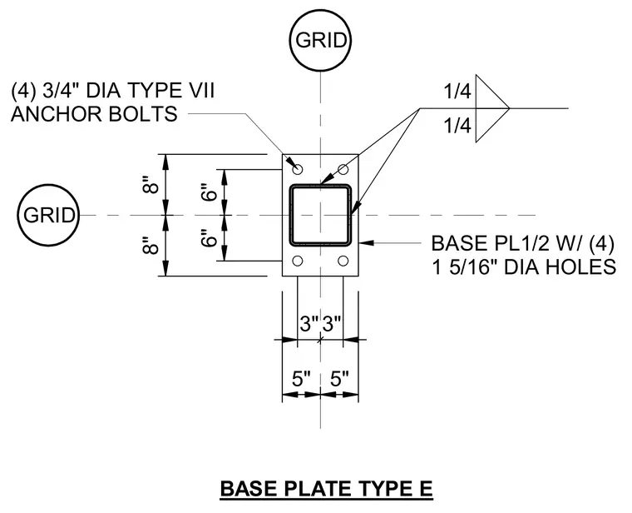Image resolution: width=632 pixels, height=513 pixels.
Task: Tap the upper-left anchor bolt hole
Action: (x=298, y=169)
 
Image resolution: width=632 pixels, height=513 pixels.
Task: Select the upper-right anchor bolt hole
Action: (x=343, y=169)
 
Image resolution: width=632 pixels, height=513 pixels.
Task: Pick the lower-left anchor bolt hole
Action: (x=298, y=261)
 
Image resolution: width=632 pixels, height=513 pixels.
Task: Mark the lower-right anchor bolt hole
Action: (x=343, y=261)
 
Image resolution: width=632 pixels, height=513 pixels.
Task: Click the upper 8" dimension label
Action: (x=151, y=185)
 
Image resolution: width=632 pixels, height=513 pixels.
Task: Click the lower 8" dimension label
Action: (x=151, y=246)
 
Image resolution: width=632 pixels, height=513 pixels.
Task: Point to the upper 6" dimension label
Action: (x=210, y=192)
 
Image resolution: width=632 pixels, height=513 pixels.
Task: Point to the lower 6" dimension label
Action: (x=210, y=238)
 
